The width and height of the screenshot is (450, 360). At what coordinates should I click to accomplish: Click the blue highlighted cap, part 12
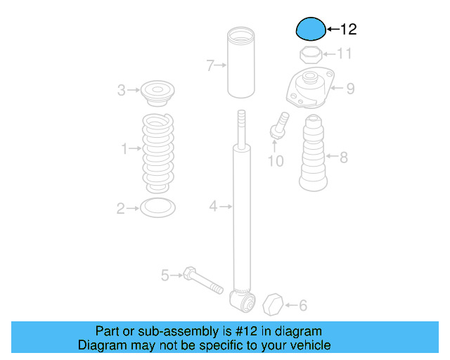[x=310, y=30]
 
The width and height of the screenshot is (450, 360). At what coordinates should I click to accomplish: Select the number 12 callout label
[x=349, y=30]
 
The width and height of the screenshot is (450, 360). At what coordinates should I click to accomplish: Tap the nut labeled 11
[x=310, y=54]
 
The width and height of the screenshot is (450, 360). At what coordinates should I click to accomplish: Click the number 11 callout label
[x=344, y=54]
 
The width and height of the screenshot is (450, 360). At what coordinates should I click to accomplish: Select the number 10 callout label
[x=276, y=161]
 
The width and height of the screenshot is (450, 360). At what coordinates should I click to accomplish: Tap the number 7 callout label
[x=210, y=66]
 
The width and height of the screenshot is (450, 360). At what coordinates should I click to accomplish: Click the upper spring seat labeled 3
[x=157, y=92]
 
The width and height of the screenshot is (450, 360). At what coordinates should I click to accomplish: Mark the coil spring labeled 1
[x=157, y=151]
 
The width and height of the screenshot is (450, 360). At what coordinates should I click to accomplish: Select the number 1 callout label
[x=124, y=149]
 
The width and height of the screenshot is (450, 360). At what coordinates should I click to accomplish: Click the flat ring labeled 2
[x=157, y=207]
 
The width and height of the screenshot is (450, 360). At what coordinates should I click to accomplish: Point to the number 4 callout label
[x=213, y=206]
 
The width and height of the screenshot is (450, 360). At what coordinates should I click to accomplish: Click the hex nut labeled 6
[x=273, y=306]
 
